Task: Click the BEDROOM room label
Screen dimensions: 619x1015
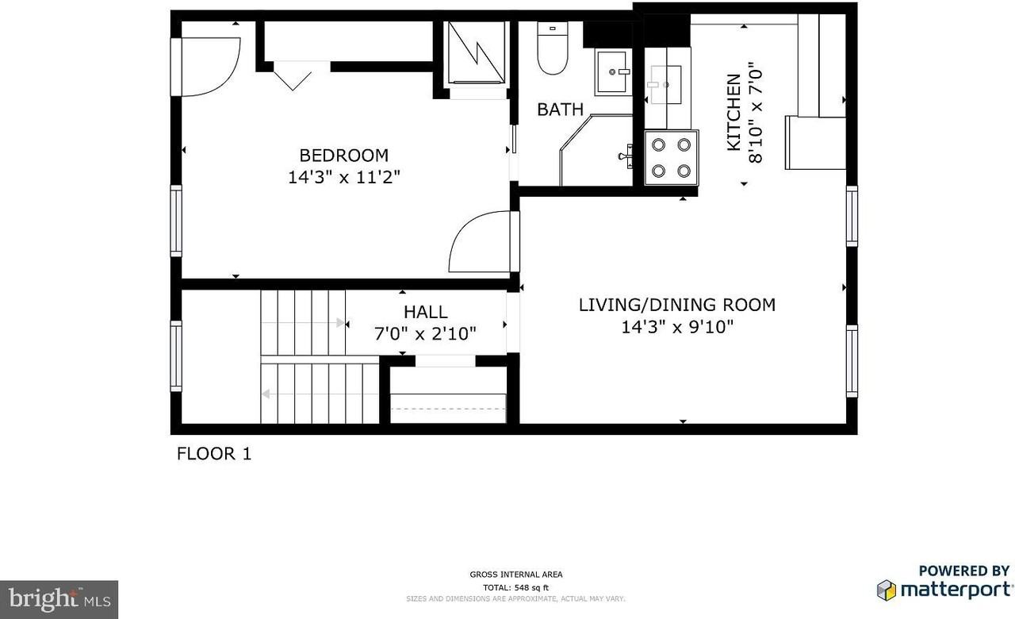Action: [x=343, y=156]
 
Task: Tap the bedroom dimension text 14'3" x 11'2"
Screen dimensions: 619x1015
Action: [x=343, y=178]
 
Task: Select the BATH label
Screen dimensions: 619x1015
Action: [x=560, y=110]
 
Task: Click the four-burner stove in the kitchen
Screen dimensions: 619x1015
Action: [x=671, y=158]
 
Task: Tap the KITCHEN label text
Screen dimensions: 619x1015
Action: [x=733, y=112]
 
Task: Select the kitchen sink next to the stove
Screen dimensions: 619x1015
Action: [x=665, y=79]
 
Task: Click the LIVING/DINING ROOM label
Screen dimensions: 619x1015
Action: [x=676, y=305]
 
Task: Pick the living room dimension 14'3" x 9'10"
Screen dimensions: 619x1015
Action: [x=676, y=326]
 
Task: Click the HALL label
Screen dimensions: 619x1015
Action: [x=425, y=312]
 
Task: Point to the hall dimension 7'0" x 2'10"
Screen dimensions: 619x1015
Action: [x=425, y=334]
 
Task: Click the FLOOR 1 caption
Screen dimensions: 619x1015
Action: [x=213, y=454]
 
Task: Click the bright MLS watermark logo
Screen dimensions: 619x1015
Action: [x=59, y=599]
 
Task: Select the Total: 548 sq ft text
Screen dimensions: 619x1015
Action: [x=515, y=586]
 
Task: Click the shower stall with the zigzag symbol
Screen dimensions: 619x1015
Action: [x=476, y=52]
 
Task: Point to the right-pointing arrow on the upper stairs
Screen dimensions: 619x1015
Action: [x=342, y=323]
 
